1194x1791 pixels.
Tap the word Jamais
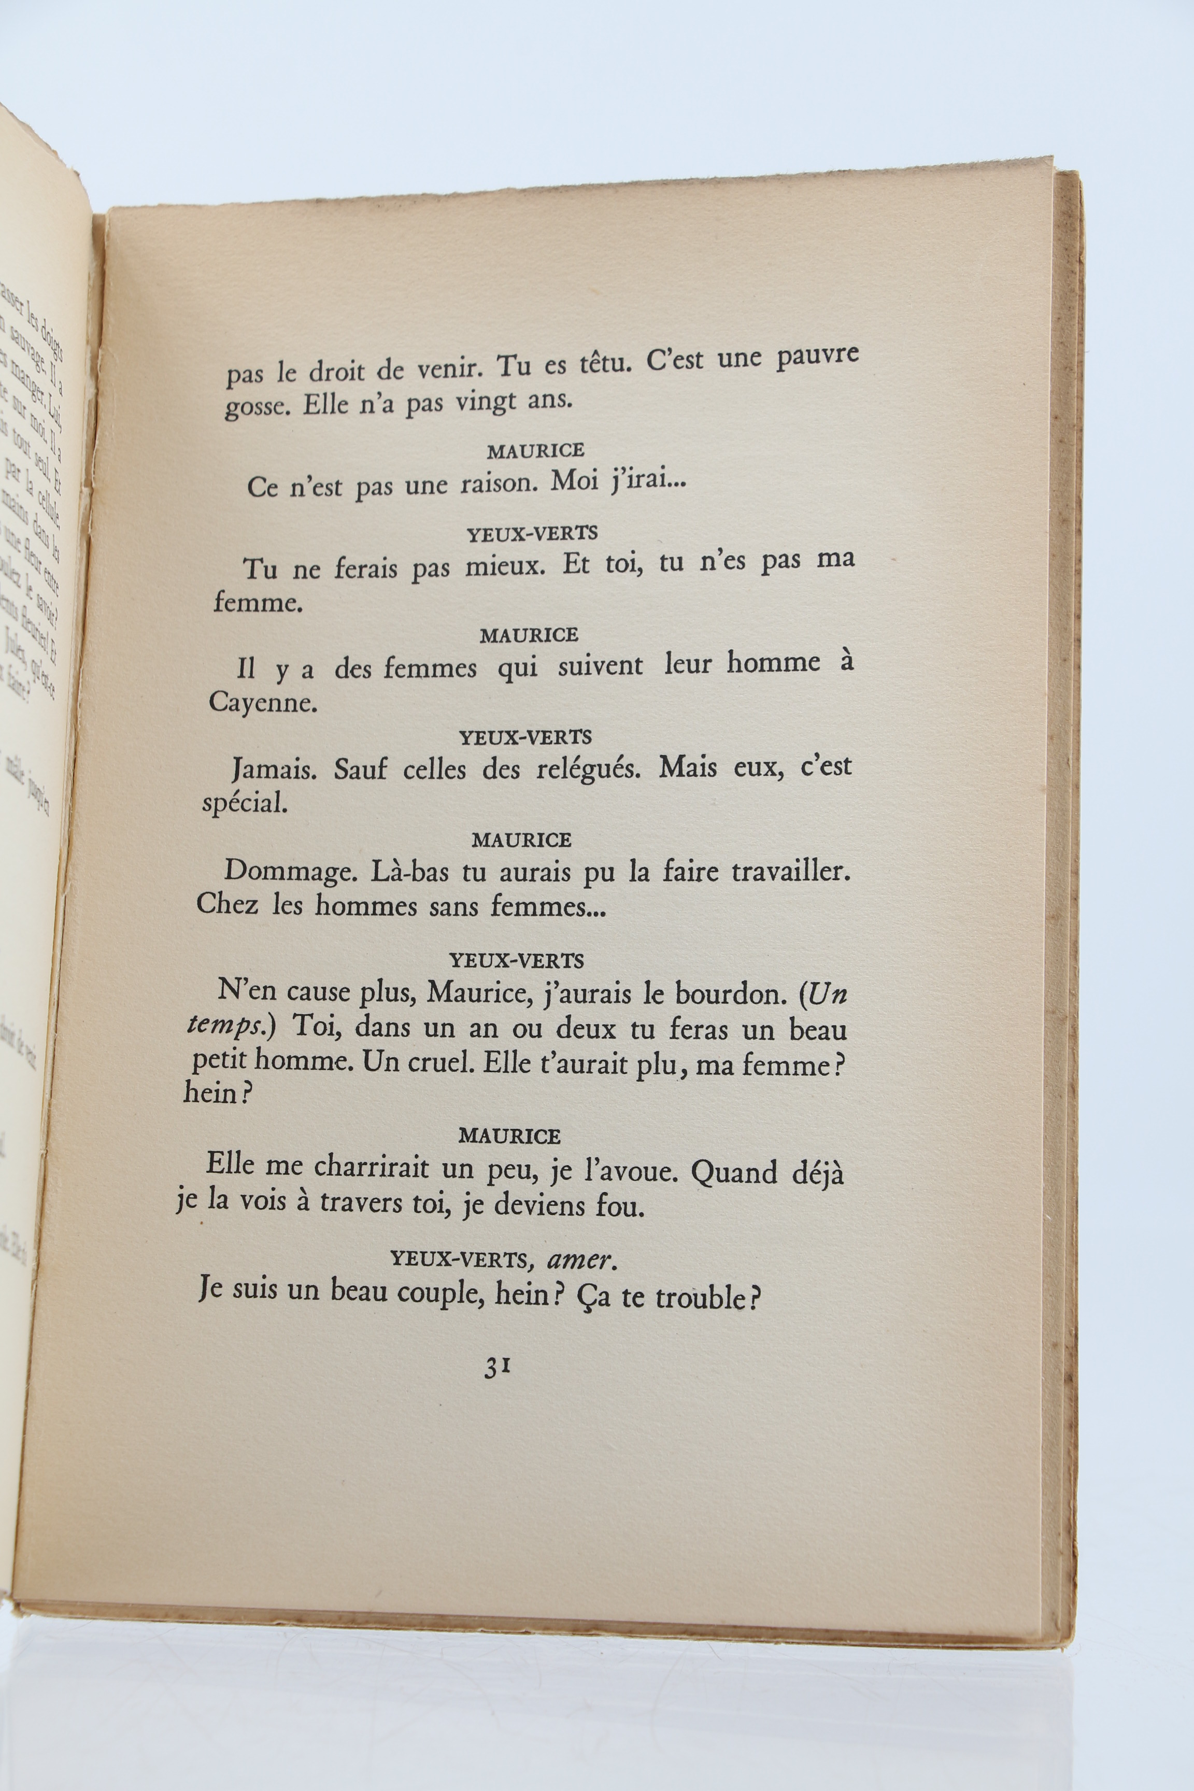(x=274, y=770)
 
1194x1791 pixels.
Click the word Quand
(x=733, y=1173)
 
